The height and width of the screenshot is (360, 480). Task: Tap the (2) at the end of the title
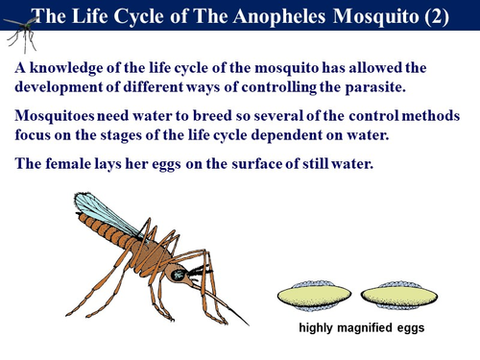coord(444,15)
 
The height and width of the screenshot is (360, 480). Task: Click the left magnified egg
coord(314,296)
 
